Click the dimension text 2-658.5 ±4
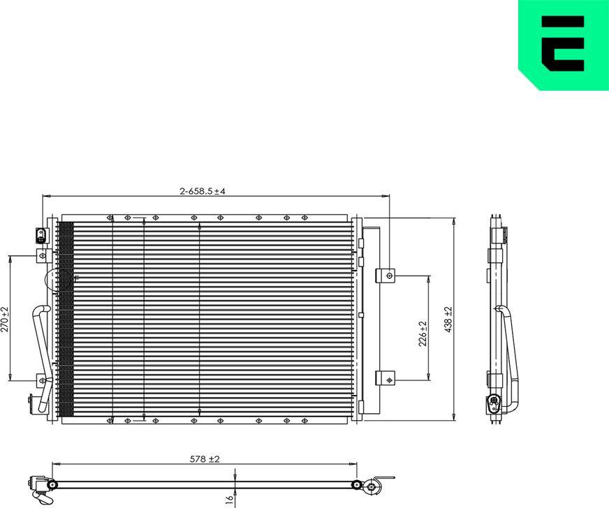[203, 190]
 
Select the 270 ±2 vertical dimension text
[6, 318]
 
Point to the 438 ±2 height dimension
[448, 319]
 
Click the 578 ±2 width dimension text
[205, 458]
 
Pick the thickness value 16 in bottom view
[228, 499]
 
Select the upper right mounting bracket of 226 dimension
[385, 276]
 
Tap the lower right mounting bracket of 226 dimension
[385, 378]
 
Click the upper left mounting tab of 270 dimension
[41, 255]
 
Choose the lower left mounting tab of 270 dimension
[41, 380]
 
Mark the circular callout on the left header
[53, 281]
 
